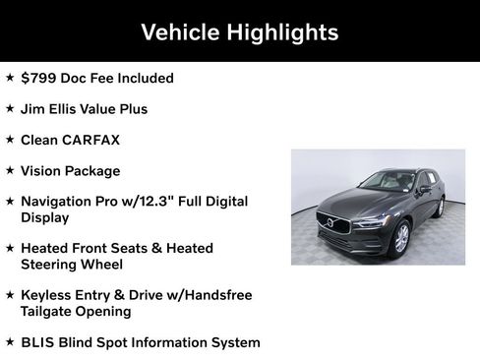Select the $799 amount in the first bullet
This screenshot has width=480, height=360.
(39, 78)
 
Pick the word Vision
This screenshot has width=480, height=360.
(43, 170)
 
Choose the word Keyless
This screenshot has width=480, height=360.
(47, 294)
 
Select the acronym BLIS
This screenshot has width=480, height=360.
(39, 342)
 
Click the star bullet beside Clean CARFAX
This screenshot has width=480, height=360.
(10, 140)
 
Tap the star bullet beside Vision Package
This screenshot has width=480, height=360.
(10, 170)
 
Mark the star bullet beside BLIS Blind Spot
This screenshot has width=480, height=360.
(10, 342)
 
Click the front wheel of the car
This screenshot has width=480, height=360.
(400, 237)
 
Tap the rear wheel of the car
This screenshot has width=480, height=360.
(441, 207)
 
